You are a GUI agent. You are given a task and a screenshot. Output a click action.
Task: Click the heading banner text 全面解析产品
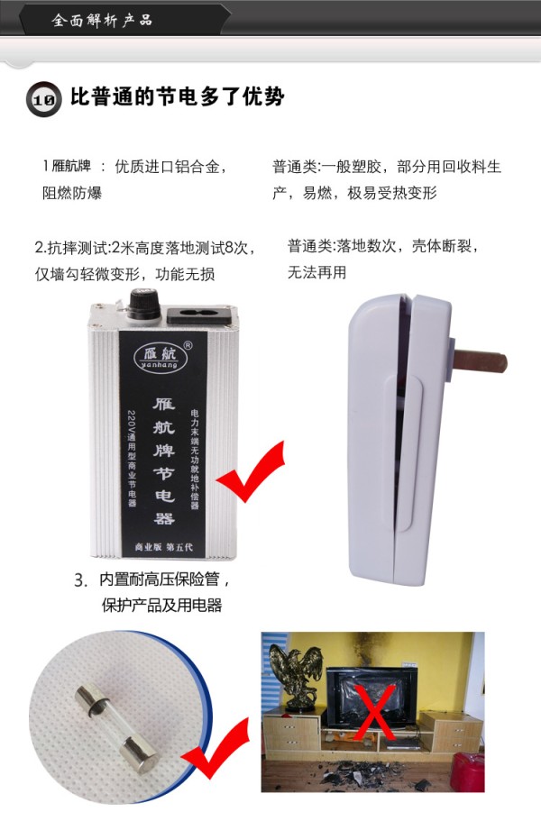point(102,19)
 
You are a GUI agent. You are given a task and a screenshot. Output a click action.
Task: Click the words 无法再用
point(316,271)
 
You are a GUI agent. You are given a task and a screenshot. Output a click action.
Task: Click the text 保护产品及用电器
point(162,605)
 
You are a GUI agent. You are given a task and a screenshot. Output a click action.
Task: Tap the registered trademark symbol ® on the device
point(188,343)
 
